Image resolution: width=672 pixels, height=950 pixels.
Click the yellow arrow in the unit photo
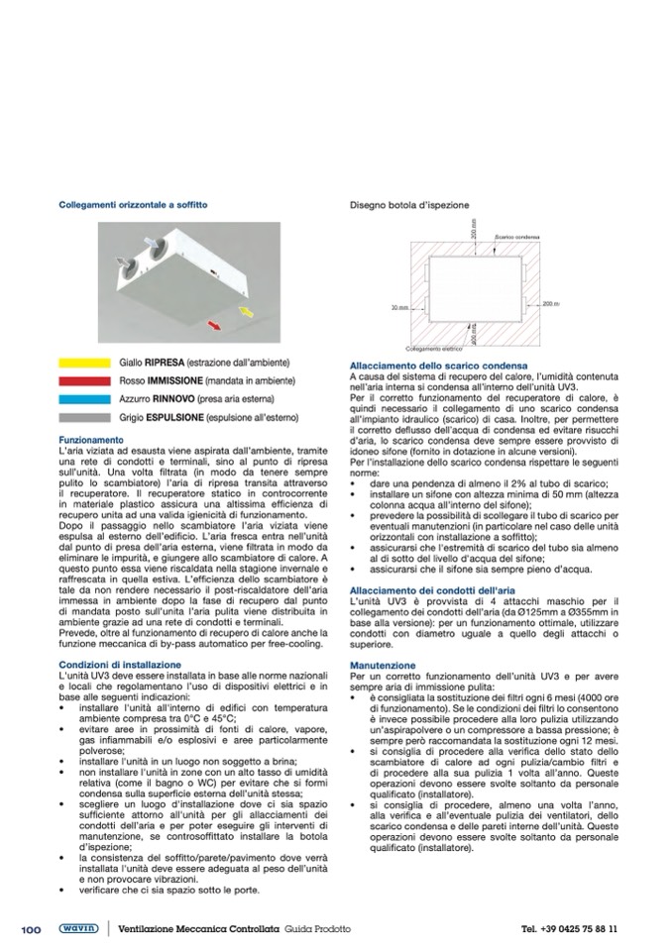248,313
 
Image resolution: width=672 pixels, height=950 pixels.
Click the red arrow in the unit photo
210,324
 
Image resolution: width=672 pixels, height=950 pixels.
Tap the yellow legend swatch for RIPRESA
84,363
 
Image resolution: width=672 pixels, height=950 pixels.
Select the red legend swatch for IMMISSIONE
84,380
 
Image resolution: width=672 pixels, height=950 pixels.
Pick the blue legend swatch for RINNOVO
84,398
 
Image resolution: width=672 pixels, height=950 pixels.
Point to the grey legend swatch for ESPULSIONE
84,417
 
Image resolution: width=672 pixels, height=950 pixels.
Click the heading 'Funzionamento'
90,439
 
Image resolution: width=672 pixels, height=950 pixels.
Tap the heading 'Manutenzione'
383,666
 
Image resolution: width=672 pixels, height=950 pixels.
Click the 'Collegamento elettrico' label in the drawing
434,349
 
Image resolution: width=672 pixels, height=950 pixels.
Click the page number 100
31,928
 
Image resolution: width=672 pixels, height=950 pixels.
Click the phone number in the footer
569,928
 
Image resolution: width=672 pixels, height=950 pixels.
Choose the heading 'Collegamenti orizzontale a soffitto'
133,205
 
